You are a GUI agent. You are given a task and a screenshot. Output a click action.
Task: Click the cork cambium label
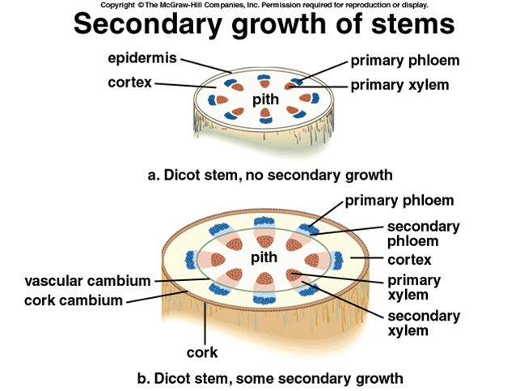[74, 300]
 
